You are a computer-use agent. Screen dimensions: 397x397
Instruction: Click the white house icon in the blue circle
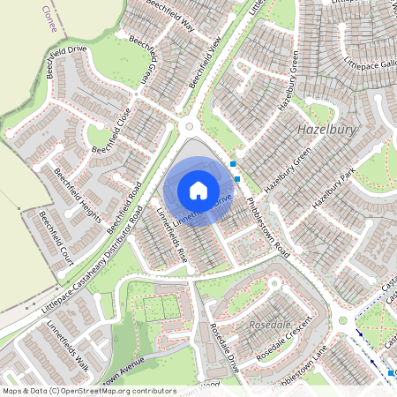pos(198,190)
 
